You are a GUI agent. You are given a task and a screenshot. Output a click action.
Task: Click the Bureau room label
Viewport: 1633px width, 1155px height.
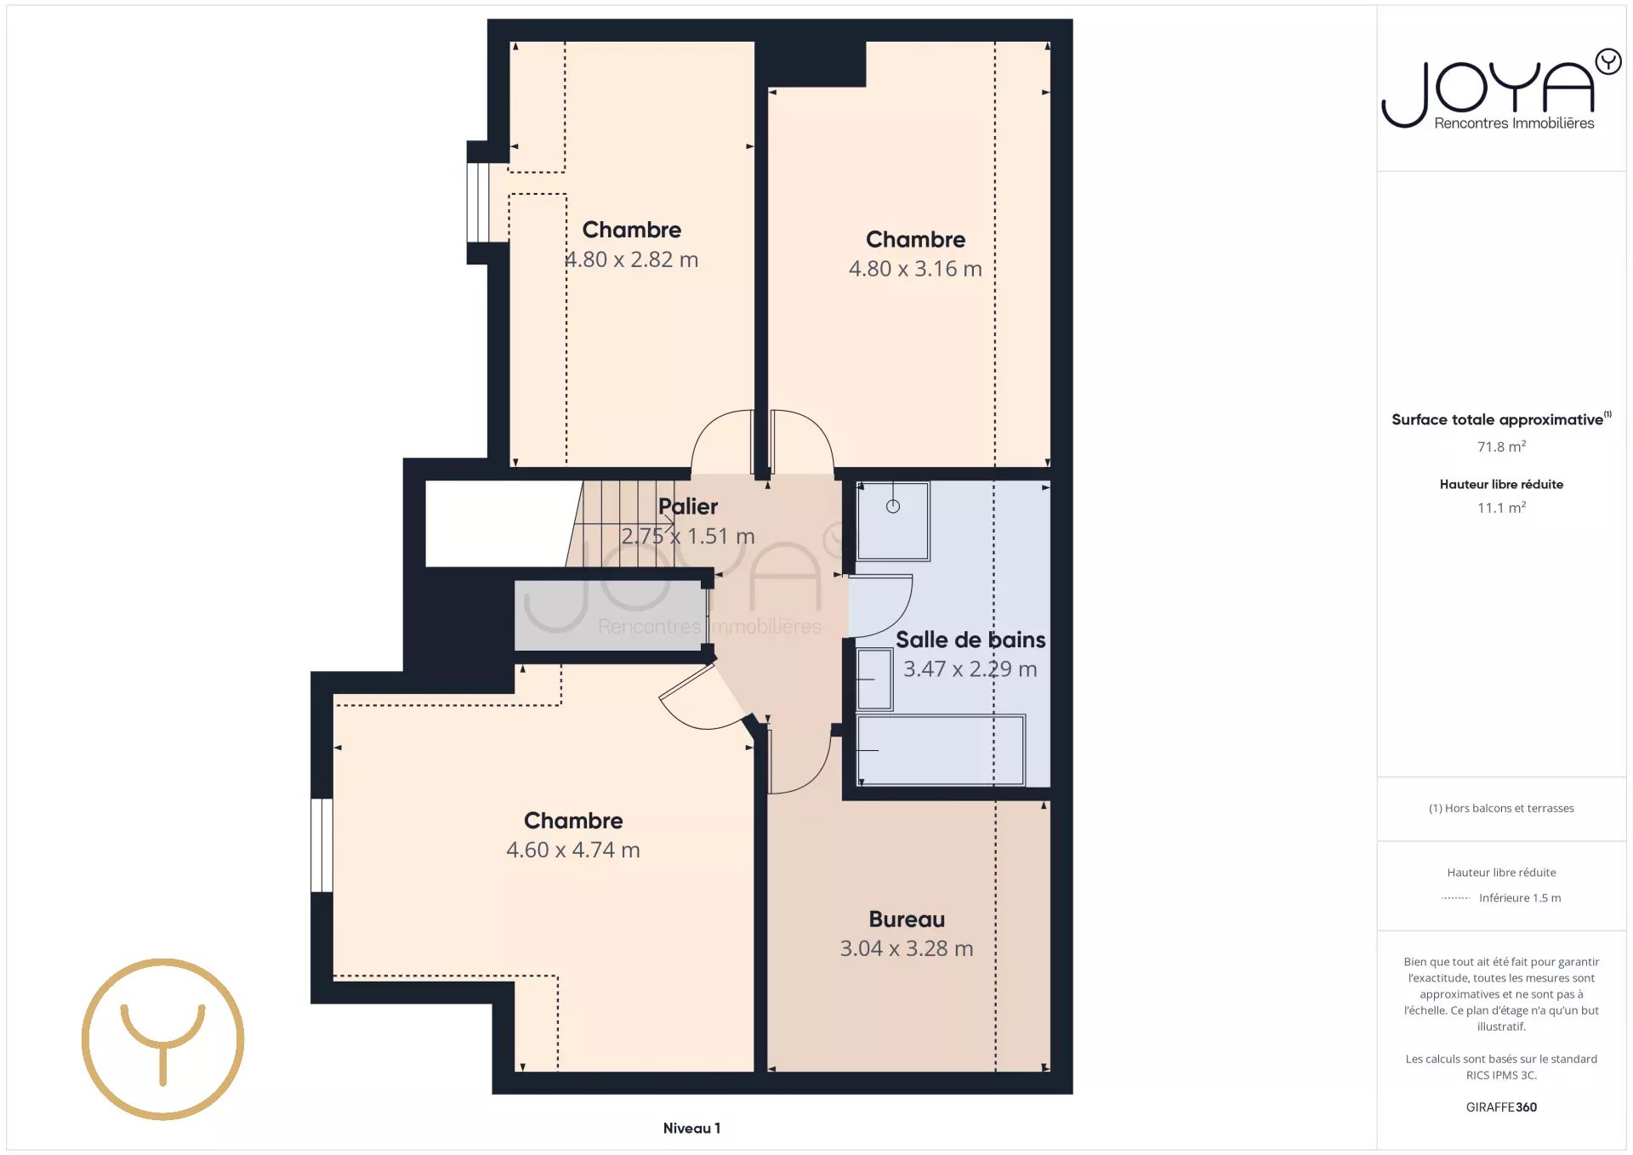tap(907, 919)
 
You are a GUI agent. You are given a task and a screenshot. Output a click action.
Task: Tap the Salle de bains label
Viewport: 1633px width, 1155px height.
tap(970, 640)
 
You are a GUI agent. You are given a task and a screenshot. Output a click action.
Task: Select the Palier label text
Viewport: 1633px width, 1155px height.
tap(688, 507)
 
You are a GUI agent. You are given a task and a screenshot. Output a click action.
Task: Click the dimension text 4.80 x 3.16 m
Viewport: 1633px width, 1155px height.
tap(915, 269)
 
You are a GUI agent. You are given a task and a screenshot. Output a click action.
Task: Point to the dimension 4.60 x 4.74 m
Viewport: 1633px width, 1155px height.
tap(573, 850)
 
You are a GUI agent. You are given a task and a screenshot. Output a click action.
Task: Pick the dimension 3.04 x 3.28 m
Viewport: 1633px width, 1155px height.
tap(907, 948)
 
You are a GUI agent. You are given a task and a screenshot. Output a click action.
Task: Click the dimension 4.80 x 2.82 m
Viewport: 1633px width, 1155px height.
tap(632, 259)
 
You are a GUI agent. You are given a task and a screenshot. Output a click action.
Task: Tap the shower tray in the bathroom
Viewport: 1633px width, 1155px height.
tap(893, 521)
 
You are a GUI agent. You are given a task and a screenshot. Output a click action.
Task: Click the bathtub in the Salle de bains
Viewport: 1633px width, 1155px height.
tap(941, 750)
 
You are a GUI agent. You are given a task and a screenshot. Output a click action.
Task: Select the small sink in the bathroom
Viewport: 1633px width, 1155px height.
tap(874, 679)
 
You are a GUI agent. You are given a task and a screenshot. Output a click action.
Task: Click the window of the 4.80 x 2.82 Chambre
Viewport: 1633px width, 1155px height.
tap(478, 202)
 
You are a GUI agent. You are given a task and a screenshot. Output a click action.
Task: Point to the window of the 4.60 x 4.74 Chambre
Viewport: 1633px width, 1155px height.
tap(321, 845)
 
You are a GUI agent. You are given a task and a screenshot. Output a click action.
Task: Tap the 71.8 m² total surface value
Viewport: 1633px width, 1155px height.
tap(1501, 447)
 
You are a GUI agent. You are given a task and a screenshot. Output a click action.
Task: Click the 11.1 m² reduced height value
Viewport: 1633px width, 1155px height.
tap(1501, 508)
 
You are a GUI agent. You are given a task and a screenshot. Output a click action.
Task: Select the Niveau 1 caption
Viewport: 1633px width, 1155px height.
tap(691, 1129)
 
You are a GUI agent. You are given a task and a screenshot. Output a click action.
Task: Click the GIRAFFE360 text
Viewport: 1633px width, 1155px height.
tap(1501, 1107)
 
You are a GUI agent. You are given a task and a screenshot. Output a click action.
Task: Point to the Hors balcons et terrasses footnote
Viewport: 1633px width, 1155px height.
tap(1501, 808)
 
